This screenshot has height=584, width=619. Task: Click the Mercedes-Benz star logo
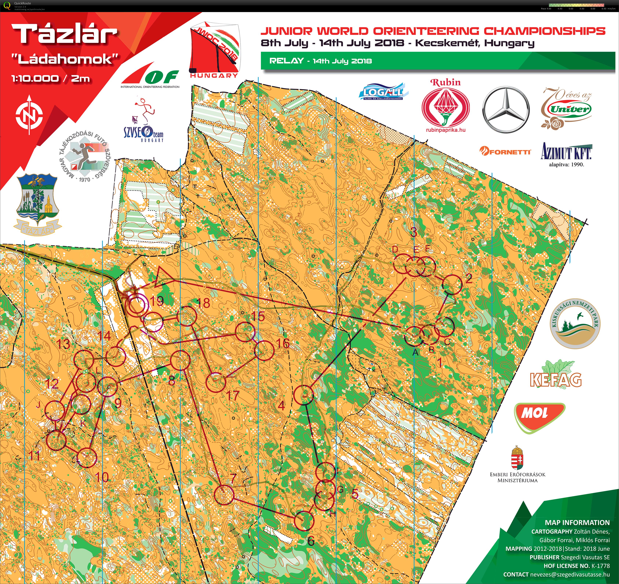click(x=506, y=109)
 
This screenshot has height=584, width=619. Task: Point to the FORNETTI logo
click(x=505, y=152)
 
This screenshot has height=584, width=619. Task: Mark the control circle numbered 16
click(x=264, y=351)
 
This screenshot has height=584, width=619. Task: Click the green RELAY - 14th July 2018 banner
click(x=436, y=61)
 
